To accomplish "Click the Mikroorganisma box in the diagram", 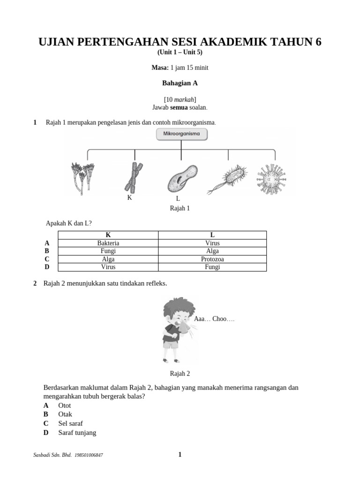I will pyautogui.click(x=181, y=135).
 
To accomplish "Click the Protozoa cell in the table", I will pyautogui.click(x=212, y=259).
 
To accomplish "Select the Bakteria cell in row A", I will pyautogui.click(x=108, y=243).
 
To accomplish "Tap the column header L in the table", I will pyautogui.click(x=212, y=235).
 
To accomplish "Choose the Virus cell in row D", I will pyautogui.click(x=108, y=267).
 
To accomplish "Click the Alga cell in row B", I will pyautogui.click(x=212, y=251).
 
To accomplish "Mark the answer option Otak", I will pyautogui.click(x=65, y=414).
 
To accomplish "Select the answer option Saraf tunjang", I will pyautogui.click(x=77, y=433).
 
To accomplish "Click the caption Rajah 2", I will pyautogui.click(x=180, y=374).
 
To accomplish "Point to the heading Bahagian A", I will pyautogui.click(x=180, y=83).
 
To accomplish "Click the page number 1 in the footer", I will pyautogui.click(x=180, y=454).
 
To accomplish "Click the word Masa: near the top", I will pyautogui.click(x=159, y=68).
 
